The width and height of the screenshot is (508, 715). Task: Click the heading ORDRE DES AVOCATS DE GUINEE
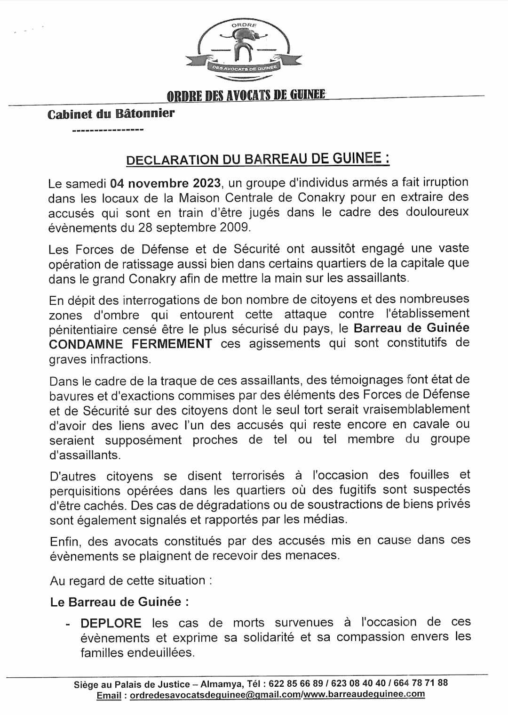coord(246,95)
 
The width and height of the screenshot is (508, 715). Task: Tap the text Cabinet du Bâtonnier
coord(111,114)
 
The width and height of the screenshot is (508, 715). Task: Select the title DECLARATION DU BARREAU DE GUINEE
coord(258,159)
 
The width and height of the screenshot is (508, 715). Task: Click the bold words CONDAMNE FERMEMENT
coord(130,343)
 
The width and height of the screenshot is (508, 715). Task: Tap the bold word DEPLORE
coord(111,623)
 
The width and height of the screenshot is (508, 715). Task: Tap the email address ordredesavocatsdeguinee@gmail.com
coord(215,695)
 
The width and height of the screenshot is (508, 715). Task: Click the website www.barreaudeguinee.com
coord(364,694)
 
